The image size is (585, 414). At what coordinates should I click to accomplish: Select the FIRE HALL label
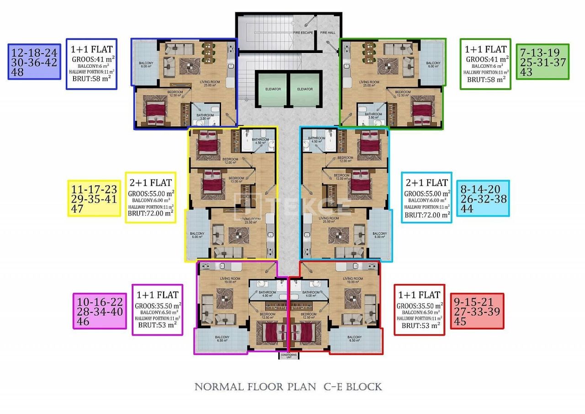327,33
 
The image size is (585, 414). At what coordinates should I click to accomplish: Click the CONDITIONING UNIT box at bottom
288,356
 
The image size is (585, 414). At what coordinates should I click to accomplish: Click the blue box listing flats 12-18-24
34,62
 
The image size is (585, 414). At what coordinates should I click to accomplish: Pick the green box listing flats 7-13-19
542,62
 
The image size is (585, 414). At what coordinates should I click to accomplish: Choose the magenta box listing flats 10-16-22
100,311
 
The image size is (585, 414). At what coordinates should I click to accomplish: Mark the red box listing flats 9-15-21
477,311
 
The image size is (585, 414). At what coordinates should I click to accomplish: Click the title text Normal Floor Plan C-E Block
288,387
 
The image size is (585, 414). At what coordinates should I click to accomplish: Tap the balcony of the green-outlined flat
433,64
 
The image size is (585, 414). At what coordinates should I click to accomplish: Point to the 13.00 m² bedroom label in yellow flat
236,179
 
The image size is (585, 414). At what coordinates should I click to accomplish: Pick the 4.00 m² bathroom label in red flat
311,294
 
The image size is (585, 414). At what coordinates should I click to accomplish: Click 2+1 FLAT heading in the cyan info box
426,183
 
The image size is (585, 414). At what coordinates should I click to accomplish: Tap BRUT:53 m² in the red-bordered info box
420,326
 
